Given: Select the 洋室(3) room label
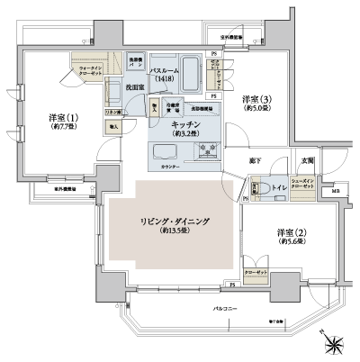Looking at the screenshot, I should click(x=256, y=98).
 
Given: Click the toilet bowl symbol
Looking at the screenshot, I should click(x=256, y=189).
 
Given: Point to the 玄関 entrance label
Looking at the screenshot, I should click(x=308, y=159).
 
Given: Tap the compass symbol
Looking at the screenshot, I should click(x=335, y=344).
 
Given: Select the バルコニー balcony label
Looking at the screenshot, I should click(x=225, y=307).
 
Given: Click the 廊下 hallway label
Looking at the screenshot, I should click(x=255, y=160).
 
